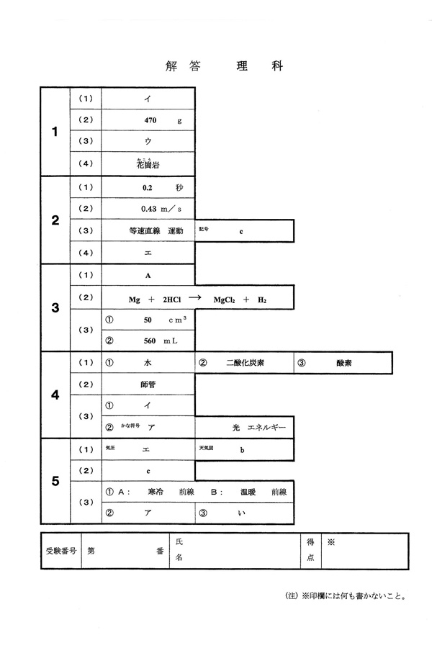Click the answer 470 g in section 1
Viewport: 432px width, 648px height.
[163, 120]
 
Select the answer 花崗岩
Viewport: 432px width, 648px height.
[148, 164]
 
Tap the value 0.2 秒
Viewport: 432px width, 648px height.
[163, 188]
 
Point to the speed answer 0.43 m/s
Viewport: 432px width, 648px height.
[161, 209]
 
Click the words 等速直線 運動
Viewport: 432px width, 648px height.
[156, 231]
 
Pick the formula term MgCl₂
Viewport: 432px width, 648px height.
[224, 300]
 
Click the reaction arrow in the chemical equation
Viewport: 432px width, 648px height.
[194, 297]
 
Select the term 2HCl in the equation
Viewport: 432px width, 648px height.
[171, 300]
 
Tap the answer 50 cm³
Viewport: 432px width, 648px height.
[165, 320]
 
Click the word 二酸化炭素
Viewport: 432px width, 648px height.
[245, 363]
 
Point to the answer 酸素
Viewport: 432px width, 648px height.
[344, 363]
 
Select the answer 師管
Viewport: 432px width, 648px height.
[148, 384]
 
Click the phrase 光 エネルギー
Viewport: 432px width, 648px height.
[258, 427]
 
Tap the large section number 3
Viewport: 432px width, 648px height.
[55, 307]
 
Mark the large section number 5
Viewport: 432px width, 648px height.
[55, 481]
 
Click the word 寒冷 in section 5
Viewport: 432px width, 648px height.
[156, 492]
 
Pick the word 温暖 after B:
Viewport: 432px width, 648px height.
[248, 492]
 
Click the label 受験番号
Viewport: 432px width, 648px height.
[61, 551]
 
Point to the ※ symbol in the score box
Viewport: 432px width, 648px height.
[330, 542]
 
